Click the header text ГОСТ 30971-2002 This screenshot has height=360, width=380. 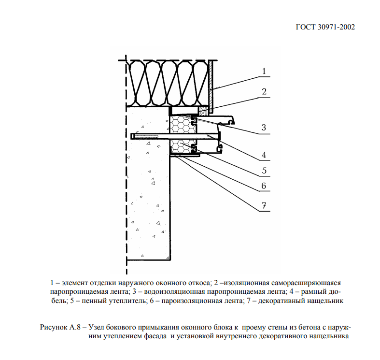pos(324,27)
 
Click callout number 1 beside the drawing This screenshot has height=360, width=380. pos(264,72)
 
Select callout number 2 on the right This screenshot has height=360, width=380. pos(264,91)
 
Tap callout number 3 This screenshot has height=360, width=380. pos(264,128)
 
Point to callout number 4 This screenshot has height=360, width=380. pos(264,155)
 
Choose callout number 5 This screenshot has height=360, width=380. pos(264,170)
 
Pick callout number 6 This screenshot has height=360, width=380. pos(264,186)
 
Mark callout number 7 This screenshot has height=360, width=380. pos(264,205)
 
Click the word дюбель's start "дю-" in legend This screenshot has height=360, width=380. pos(336,291)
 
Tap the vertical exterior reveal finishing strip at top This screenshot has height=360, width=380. pos(211,80)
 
